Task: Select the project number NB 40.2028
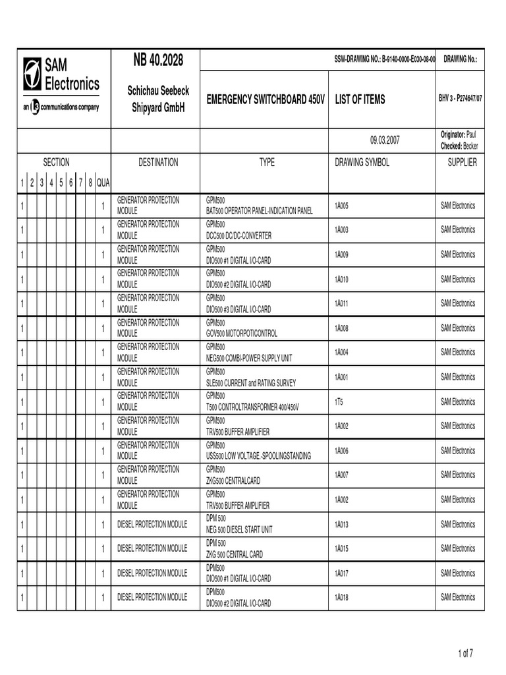[157, 61]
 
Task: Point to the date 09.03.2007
[385, 140]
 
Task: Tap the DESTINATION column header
[158, 162]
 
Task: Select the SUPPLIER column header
[462, 162]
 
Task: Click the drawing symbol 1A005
[341, 206]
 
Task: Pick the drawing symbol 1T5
[339, 401]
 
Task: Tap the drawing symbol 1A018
[341, 597]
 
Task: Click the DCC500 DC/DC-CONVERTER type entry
[239, 235]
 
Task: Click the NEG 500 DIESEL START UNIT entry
[239, 529]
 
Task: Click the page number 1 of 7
[465, 653]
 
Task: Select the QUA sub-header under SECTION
[103, 183]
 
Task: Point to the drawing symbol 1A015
[341, 548]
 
